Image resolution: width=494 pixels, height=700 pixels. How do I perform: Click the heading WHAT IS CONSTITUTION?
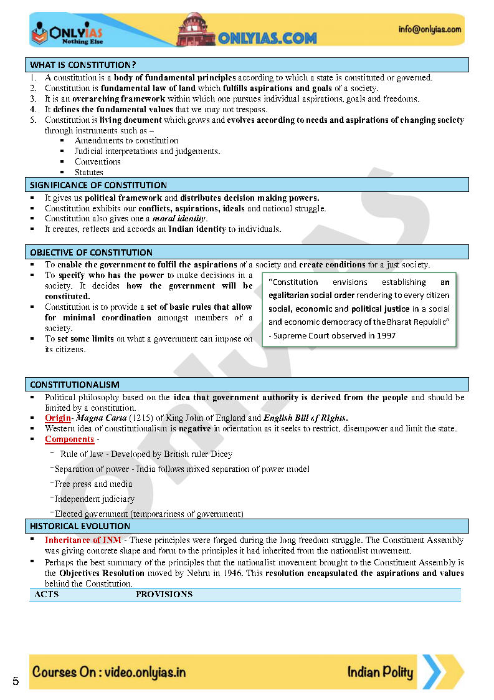pos(83,65)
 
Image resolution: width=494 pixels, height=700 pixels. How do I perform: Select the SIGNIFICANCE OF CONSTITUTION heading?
pos(98,185)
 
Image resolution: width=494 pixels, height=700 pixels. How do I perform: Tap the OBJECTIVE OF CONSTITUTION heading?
pos(91,252)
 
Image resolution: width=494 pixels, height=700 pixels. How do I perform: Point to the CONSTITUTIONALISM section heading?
pos(75,385)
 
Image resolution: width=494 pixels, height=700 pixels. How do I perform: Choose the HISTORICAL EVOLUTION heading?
pos(80,526)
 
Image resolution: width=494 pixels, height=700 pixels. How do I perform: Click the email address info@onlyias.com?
pos(430,29)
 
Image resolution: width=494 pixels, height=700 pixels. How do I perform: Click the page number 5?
pos(16,681)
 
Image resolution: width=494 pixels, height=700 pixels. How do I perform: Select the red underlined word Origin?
pos(57,418)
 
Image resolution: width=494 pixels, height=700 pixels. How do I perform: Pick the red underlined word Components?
pos(69,439)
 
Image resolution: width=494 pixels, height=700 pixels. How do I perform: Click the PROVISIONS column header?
pos(164,594)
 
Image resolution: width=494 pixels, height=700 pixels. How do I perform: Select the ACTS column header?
pos(47,594)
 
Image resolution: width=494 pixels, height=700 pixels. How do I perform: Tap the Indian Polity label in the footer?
pos(380,672)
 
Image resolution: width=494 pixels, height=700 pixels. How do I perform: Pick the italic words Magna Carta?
pos(101,418)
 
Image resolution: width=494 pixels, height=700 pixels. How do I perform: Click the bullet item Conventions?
pos(97,161)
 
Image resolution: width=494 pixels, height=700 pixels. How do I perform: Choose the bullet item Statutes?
pos(89,172)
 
